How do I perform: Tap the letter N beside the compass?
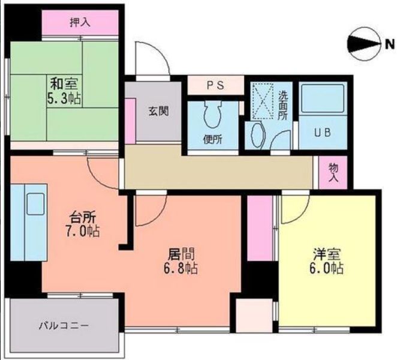[x=389, y=43]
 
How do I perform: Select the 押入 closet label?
[x=79, y=23]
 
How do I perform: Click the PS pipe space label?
[x=215, y=85]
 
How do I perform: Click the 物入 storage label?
[x=333, y=173]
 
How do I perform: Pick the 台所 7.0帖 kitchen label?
[x=82, y=224]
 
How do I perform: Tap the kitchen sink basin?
[x=36, y=204]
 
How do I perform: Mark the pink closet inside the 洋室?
[x=260, y=228]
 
